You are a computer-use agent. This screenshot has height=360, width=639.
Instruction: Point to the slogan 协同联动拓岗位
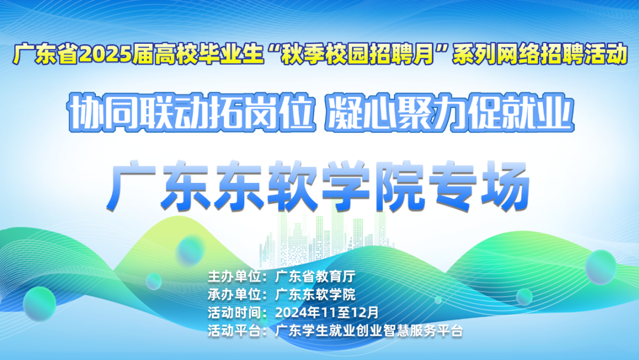[x=192, y=112]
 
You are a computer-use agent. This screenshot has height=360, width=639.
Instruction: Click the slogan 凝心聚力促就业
[x=449, y=112]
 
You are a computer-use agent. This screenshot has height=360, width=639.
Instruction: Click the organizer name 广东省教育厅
[x=315, y=277]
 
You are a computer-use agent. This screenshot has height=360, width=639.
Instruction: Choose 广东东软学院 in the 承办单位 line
[x=315, y=294]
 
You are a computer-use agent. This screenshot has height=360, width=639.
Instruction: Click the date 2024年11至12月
[x=327, y=313]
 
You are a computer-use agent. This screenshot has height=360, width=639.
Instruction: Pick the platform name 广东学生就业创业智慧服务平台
[x=369, y=330]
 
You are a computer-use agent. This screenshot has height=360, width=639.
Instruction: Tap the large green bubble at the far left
[x=40, y=304]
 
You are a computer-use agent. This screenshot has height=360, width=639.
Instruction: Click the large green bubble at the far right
[x=601, y=268]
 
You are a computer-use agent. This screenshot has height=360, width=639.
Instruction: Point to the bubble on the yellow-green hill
[x=191, y=249]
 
